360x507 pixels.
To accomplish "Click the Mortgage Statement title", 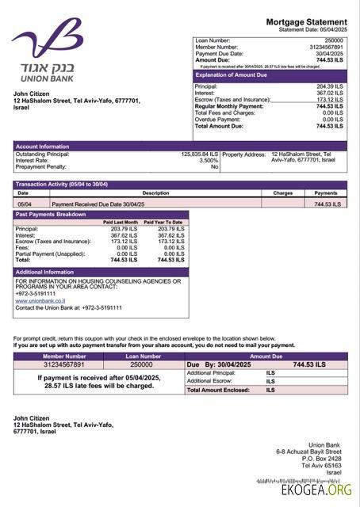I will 306,21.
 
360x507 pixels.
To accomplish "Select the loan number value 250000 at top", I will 334,40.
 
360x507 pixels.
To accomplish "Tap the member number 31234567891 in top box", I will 327,47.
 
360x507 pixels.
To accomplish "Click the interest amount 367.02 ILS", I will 329,93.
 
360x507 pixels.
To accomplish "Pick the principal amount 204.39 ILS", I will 329,86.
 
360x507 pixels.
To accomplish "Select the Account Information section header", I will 43,147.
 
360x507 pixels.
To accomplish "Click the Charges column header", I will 283,193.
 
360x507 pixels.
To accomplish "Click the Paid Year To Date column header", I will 163,223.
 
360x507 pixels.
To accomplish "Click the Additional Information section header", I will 45,272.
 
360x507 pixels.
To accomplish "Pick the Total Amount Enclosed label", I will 218,390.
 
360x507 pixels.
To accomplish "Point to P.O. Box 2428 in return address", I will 322,458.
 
